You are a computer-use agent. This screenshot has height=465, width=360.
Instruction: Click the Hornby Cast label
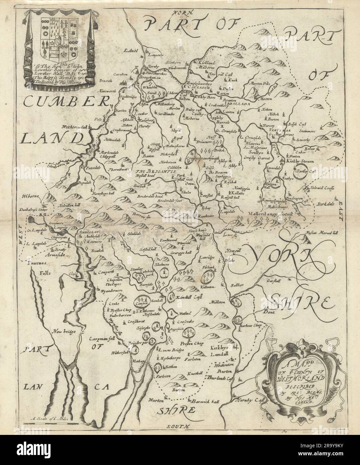coord(247,400)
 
